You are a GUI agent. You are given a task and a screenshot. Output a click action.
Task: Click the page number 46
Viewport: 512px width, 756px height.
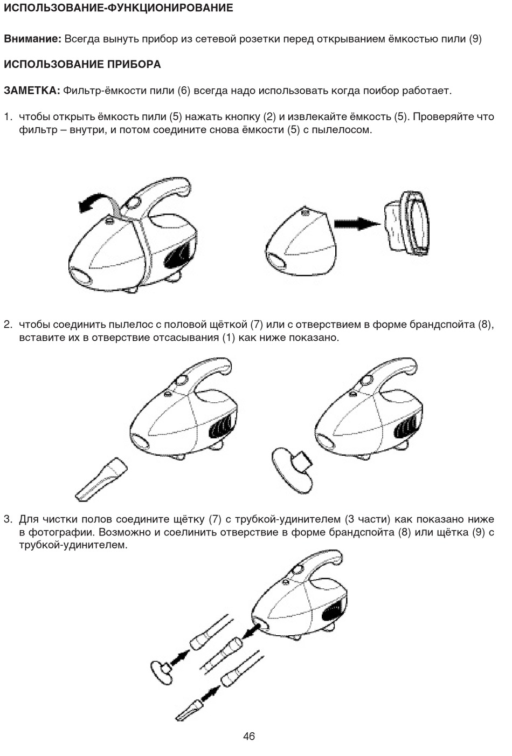(249, 736)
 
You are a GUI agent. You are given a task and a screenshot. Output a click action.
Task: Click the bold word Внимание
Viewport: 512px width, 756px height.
(32, 39)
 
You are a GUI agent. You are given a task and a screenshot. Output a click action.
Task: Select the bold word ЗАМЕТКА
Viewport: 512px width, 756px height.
(31, 90)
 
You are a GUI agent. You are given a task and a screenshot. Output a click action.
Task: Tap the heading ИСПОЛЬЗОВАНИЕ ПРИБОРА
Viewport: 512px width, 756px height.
(82, 64)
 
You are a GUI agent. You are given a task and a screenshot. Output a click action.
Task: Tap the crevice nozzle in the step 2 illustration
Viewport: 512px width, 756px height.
(101, 478)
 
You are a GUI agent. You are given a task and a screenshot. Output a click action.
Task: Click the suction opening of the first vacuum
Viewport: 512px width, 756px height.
(80, 279)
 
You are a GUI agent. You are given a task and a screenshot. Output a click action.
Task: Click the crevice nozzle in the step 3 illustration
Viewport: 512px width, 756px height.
(189, 709)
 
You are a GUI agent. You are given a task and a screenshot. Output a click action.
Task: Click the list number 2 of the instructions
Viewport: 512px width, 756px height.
(8, 325)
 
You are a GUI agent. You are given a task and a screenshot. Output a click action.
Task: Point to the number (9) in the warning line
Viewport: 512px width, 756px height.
(475, 39)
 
